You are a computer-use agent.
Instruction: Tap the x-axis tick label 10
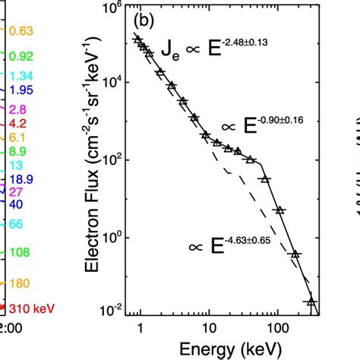click(206, 328)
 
